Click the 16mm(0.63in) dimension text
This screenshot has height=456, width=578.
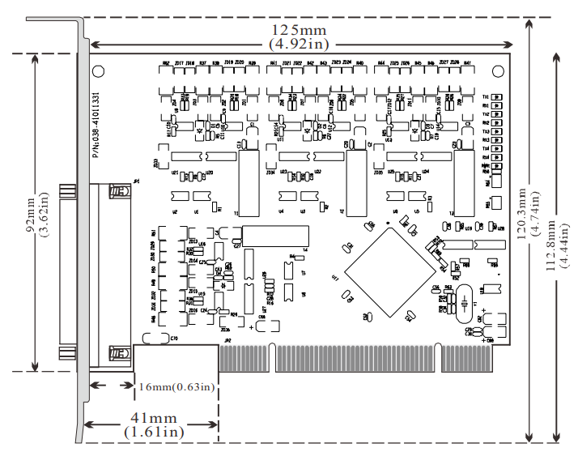click(x=176, y=386)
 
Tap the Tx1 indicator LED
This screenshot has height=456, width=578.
click(x=497, y=97)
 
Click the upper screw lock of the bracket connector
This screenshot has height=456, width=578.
click(x=119, y=192)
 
